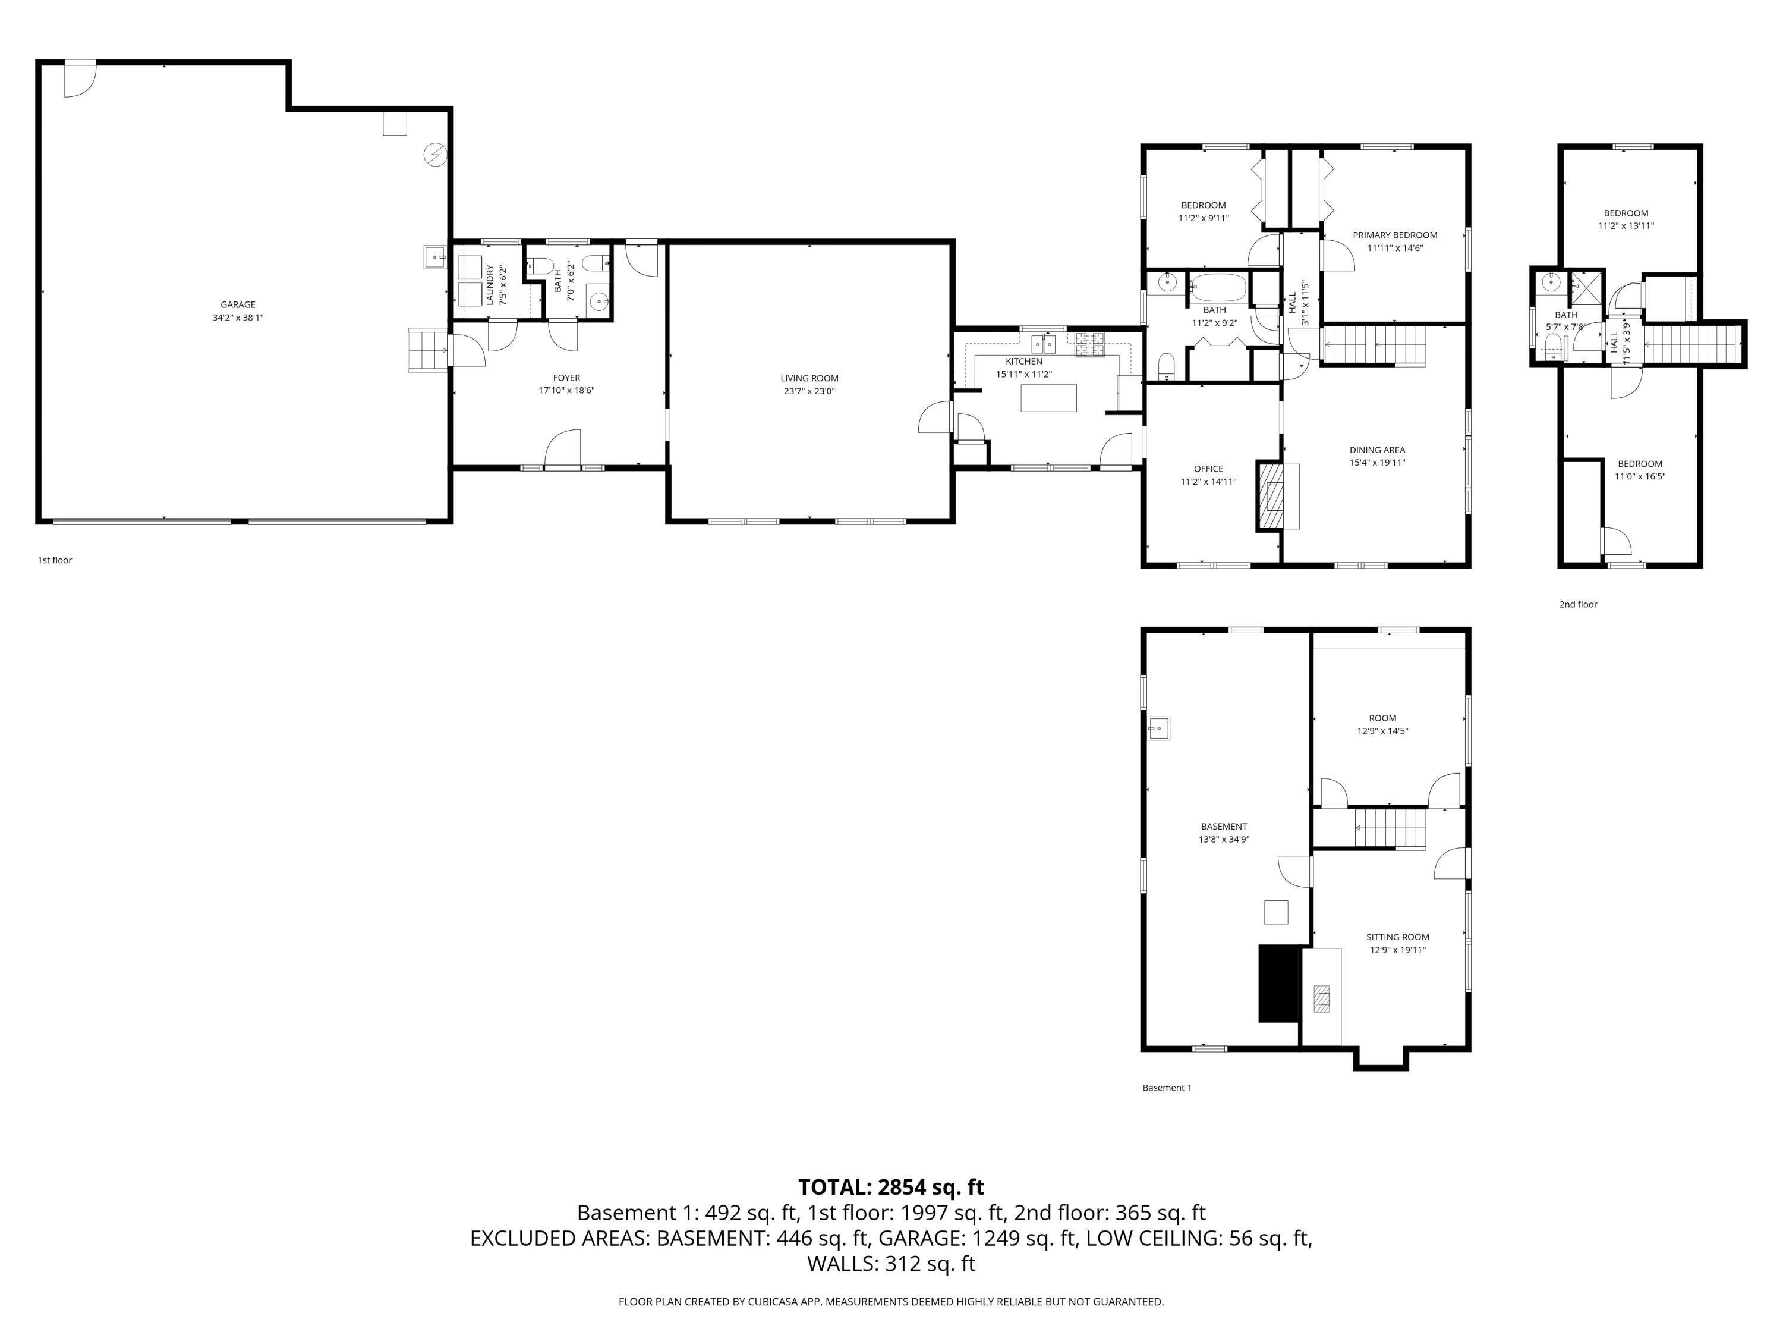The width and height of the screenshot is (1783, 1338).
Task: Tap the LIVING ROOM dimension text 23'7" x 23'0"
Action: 809,391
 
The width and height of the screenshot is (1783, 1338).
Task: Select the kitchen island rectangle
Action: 1048,398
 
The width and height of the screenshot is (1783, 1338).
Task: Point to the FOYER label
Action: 566,378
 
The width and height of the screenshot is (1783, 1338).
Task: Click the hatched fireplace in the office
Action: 1273,496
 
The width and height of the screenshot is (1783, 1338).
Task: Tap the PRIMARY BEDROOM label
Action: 1394,235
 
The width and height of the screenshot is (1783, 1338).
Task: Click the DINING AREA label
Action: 1376,450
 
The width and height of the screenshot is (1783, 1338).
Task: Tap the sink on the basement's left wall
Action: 1158,728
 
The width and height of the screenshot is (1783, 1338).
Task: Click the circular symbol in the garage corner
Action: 435,155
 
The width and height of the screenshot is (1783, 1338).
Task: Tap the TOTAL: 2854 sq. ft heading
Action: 891,1187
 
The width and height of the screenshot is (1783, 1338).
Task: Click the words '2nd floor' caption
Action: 1577,604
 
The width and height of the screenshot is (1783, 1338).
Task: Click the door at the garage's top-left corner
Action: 79,78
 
